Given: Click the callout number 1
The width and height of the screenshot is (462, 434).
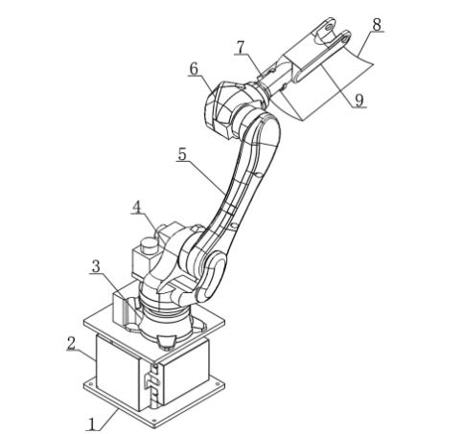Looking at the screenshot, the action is click(92, 424).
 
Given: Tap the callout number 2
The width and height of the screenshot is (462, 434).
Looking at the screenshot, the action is click(72, 343).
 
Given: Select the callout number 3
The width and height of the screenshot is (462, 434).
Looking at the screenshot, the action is click(96, 266).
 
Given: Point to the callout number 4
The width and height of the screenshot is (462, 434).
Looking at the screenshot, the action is click(137, 207).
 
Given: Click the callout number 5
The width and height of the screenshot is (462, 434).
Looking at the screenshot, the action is click(182, 154).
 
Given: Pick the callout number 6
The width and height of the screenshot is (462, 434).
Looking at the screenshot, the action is click(194, 69).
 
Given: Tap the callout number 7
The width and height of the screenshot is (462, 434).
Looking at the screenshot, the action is click(241, 47).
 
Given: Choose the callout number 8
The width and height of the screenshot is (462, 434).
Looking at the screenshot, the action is click(377, 24).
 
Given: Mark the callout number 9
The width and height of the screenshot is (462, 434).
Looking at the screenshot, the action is click(359, 100).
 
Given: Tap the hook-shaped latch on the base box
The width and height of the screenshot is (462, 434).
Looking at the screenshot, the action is click(151, 381).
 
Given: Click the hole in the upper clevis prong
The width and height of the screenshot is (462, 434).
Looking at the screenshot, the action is click(329, 27).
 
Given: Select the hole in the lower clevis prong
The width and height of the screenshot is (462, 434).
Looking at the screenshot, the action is click(344, 38).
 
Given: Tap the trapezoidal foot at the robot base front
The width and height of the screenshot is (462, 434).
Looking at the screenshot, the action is click(167, 341).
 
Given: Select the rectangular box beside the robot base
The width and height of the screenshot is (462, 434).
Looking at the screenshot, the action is click(124, 308).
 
